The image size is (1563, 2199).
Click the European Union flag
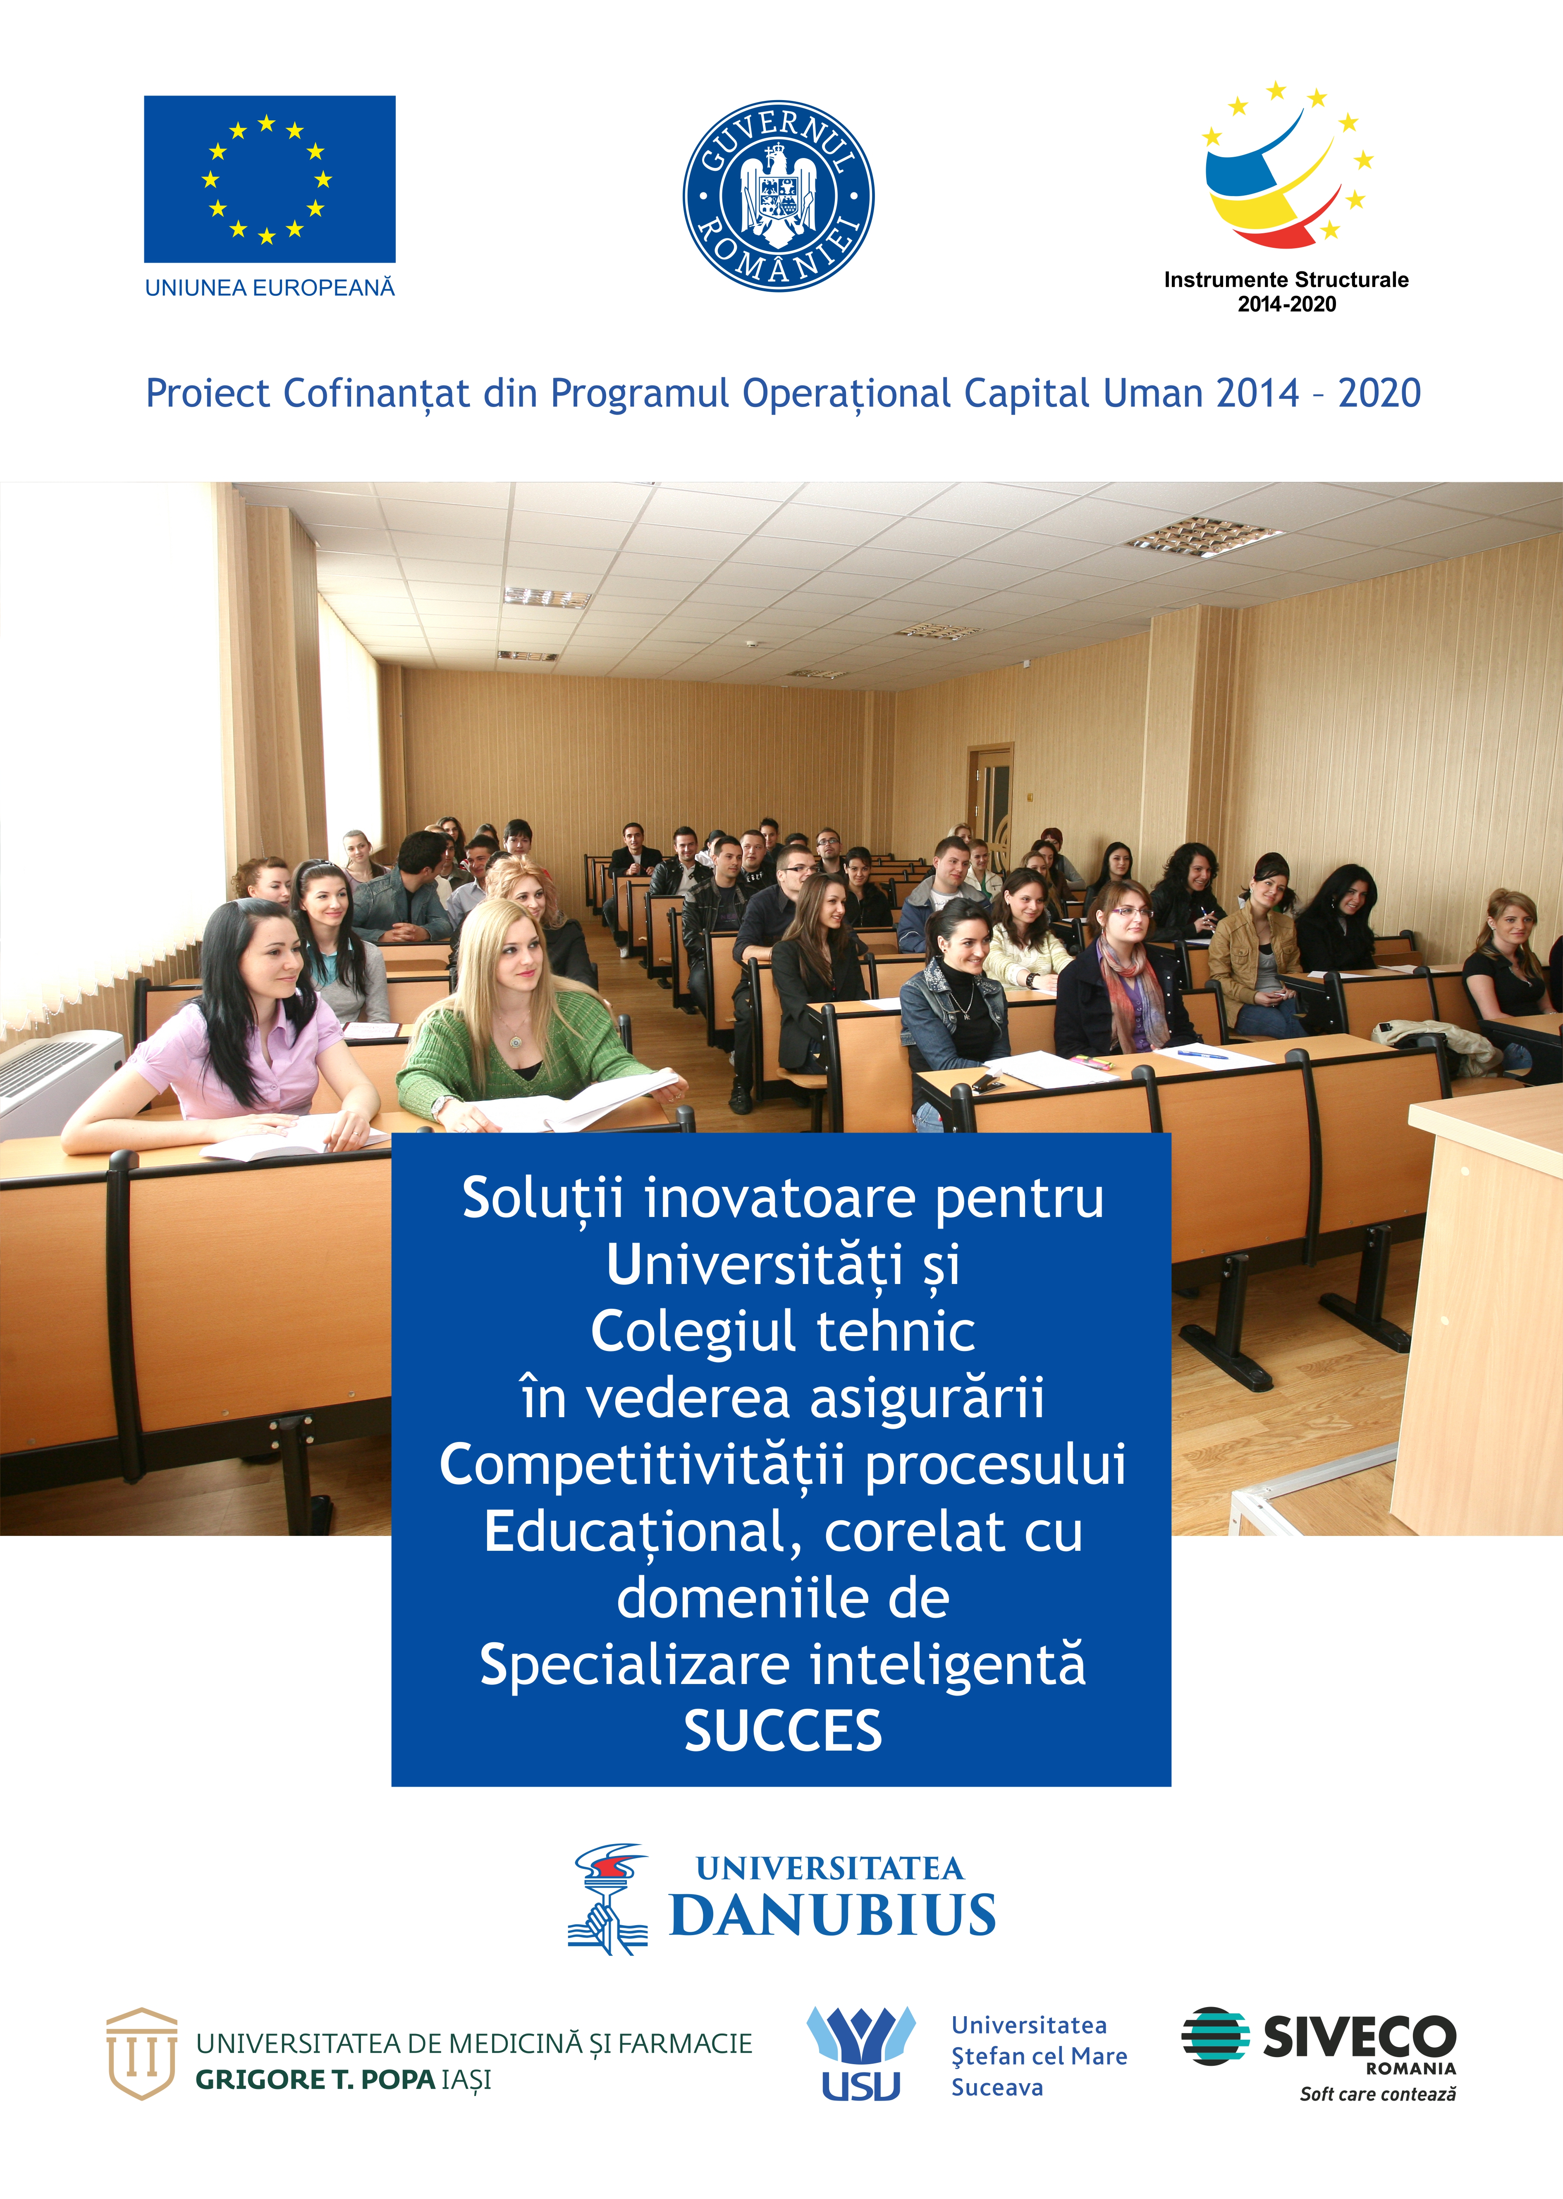[270, 179]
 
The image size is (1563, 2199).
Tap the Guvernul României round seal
[779, 196]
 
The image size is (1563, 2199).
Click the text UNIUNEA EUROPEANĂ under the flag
[270, 288]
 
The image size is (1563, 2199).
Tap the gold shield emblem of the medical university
[141, 2054]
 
